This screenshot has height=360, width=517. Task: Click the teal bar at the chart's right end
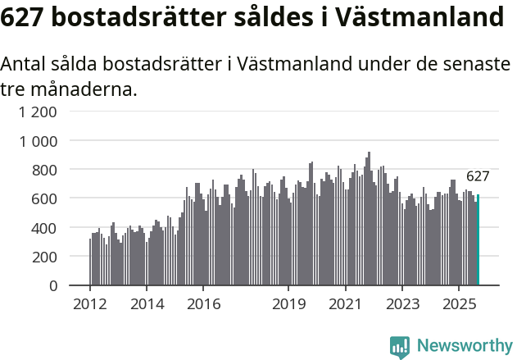pos(478,240)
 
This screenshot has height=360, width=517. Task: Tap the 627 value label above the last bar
pos(478,176)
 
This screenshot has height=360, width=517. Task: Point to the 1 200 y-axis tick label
pos(39,112)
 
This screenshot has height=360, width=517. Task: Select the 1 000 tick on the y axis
pos(39,141)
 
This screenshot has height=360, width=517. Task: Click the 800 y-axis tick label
pos(45,170)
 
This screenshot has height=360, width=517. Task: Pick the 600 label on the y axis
pos(45,198)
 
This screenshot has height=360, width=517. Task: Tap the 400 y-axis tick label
pos(45,227)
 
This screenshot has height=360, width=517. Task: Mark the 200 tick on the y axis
pos(45,257)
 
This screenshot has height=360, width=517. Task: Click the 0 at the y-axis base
pos(53,285)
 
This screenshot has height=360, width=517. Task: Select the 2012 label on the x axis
pos(89,304)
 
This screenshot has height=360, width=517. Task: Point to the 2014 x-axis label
pos(147,304)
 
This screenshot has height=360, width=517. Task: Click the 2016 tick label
pos(203,304)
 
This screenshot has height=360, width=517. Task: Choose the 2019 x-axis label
pos(288,304)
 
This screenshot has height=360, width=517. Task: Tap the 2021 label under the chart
pos(346,304)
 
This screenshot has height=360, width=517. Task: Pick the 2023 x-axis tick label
pos(403,304)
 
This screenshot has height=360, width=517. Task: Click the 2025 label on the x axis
pos(460,304)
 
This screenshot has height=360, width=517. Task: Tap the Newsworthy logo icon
pos(400,346)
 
